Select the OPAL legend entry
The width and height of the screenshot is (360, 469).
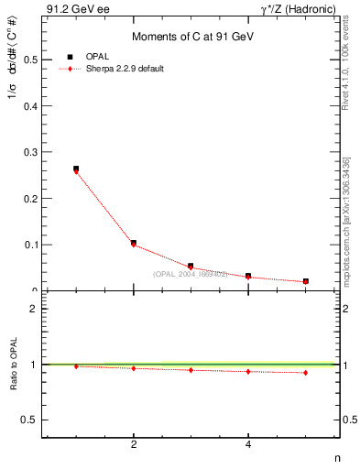point(88,57)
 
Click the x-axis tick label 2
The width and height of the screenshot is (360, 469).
point(134,444)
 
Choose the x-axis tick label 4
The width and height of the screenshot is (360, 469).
point(248,444)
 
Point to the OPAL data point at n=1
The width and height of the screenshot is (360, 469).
point(76,169)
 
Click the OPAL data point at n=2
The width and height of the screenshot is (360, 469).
point(134,243)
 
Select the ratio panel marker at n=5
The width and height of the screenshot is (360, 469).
point(305,373)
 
